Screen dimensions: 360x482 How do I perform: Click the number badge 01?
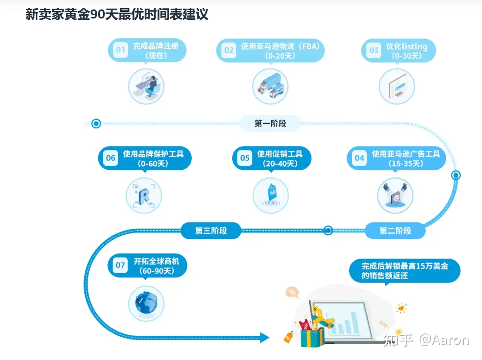[121, 50]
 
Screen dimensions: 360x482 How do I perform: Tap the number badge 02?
[229, 50]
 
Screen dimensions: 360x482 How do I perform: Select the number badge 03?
[374, 50]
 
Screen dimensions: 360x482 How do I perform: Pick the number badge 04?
[359, 158]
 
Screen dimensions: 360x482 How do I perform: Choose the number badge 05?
[245, 158]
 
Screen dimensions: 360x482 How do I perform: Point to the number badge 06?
[111, 158]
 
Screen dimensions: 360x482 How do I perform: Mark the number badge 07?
[120, 265]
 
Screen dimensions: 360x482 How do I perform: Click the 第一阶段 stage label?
[270, 124]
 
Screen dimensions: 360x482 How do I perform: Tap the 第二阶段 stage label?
[395, 231]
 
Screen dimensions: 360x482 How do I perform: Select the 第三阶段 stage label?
[211, 231]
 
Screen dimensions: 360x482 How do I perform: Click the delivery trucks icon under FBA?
[270, 86]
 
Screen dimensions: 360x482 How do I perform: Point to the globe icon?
[146, 303]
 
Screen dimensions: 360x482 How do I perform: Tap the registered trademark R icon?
[144, 195]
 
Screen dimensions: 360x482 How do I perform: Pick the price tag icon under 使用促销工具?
[270, 195]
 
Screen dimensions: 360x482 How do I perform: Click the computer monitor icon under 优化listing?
[396, 86]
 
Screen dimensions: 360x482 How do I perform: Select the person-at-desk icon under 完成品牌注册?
[147, 86]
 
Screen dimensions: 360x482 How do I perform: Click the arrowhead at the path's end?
[264, 338]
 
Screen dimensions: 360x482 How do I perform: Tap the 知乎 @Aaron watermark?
[426, 340]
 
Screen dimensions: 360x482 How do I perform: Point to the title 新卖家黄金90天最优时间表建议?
[117, 14]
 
